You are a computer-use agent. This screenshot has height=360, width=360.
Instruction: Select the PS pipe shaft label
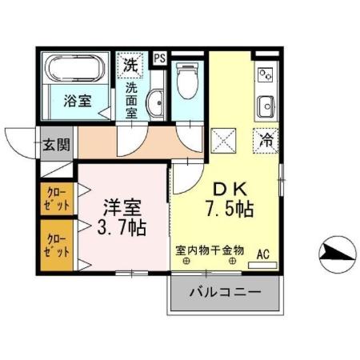point(160,58)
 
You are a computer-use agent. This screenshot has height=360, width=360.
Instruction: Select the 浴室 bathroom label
point(77,101)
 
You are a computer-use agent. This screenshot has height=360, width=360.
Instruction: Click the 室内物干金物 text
point(210,250)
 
